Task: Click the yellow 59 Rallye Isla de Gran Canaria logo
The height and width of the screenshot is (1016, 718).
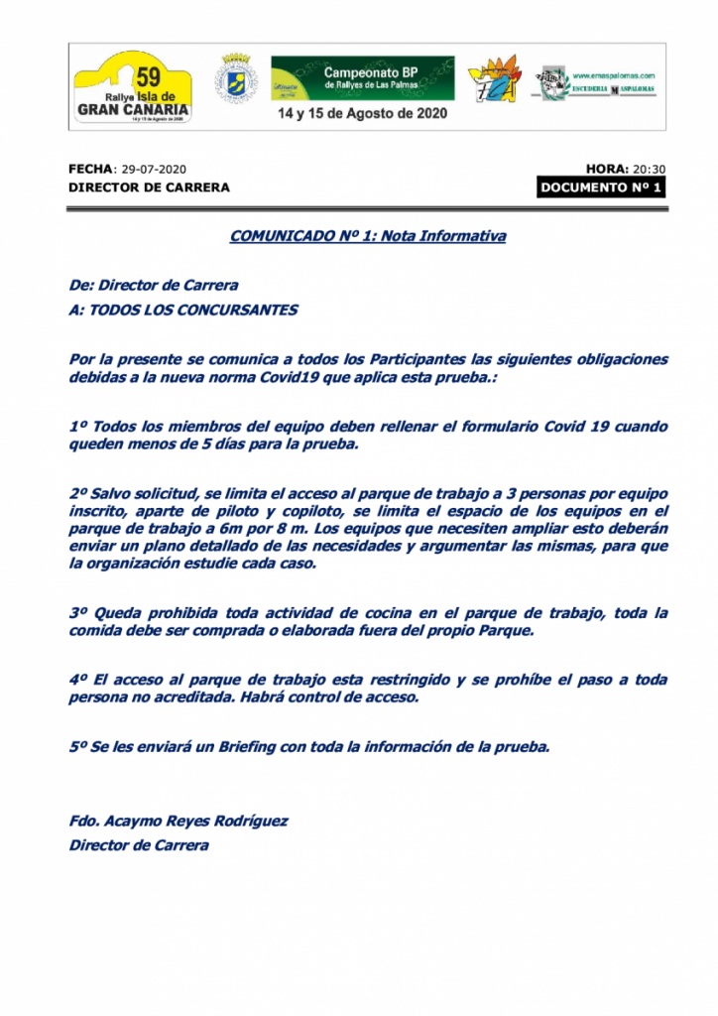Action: point(132,87)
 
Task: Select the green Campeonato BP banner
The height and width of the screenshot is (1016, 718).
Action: point(362,77)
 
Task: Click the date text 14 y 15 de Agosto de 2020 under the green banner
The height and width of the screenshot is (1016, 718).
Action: point(362,113)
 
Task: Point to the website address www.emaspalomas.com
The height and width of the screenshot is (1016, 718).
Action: point(614,75)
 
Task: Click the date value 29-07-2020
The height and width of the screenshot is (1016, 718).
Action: point(154,170)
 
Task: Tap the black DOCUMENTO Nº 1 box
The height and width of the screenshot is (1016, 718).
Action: point(601,188)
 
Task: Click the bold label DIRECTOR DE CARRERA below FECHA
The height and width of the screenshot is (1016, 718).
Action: point(149,188)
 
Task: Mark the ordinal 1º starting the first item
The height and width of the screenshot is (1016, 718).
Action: point(78,426)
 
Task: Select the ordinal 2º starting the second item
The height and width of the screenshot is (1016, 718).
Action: point(78,493)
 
